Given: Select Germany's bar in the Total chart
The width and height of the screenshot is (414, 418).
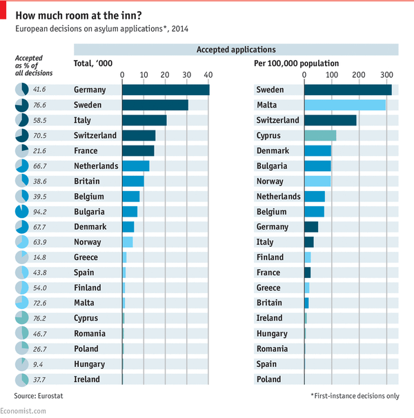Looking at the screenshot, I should pos(165,90).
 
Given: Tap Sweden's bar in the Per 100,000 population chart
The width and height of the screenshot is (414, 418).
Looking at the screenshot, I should pos(347,90).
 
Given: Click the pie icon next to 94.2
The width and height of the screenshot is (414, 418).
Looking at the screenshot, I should pos(21,212).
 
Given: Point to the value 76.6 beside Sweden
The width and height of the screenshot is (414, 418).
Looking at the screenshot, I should pos(39,106).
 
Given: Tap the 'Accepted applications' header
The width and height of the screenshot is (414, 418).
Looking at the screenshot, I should pos(236,50).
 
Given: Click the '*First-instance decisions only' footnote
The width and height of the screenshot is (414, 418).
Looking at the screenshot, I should pos(354,396).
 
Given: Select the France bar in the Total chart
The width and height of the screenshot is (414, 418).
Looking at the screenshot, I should pos(137,150).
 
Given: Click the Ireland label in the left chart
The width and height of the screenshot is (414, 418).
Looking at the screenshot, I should pos(87,379).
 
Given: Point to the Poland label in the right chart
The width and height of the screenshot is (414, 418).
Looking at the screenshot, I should pos(270,379).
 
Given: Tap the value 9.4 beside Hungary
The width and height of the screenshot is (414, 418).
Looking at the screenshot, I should pos(39,364).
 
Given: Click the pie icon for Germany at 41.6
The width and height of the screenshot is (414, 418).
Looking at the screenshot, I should pos(21,90).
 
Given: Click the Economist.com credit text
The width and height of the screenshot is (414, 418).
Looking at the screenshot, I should pos(24,411).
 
